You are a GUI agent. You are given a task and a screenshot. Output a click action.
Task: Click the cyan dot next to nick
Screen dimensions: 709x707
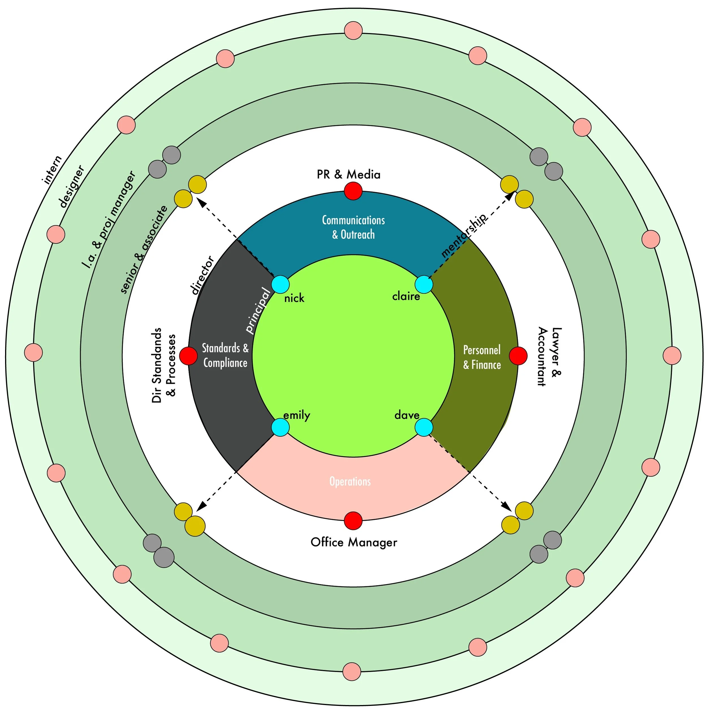tap(280, 285)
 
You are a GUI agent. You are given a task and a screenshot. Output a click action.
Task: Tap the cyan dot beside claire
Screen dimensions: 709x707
tap(424, 285)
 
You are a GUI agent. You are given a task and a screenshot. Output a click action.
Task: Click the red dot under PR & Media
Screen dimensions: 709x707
tap(353, 191)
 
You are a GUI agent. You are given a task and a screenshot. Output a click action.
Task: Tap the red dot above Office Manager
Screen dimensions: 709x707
tap(353, 520)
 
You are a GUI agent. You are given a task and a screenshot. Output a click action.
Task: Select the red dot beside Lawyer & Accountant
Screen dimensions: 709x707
tap(518, 355)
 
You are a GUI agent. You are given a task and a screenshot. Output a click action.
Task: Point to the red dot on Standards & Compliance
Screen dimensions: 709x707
tap(188, 355)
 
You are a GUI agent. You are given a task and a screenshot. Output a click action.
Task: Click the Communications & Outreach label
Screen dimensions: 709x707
tap(353, 227)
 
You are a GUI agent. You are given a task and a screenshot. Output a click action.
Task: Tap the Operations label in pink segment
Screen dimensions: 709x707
tap(350, 481)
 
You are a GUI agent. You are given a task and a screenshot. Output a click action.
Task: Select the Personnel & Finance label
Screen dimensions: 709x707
tap(482, 357)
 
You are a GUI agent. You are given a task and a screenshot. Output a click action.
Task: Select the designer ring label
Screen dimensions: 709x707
tap(72, 186)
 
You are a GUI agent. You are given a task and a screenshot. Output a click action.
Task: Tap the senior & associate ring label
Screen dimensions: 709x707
tap(144, 249)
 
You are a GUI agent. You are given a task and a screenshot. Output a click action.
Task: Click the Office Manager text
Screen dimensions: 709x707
tap(354, 542)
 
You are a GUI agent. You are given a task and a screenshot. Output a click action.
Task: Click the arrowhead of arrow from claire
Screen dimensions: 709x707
tap(510, 196)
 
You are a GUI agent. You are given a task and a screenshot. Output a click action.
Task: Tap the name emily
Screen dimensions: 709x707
tap(296, 415)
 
